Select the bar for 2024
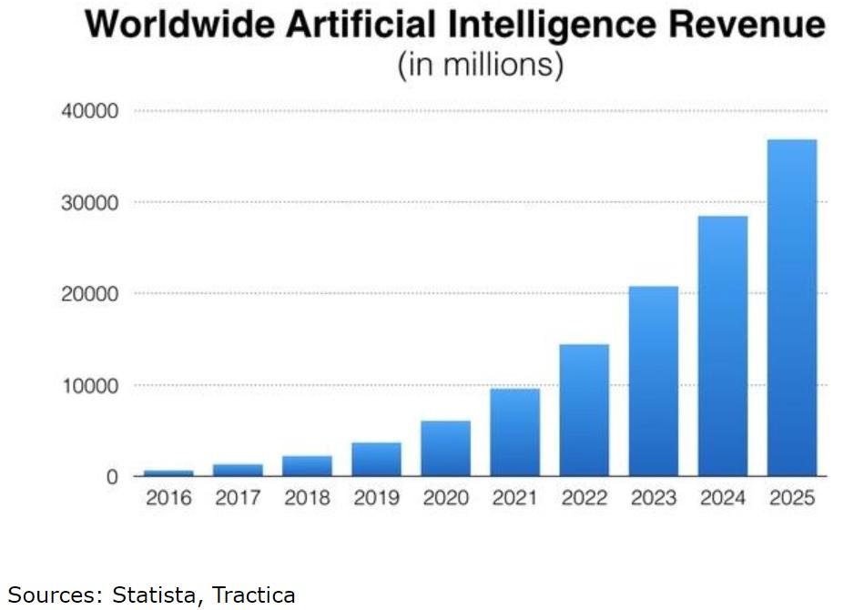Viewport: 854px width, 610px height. pos(722,346)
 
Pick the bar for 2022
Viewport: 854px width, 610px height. pos(584,410)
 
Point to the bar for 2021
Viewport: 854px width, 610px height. pos(514,432)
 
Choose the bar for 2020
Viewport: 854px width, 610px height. pos(445,448)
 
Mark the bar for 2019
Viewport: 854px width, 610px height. pos(376,459)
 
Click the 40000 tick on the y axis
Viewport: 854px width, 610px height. pos(88,112)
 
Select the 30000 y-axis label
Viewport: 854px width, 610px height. pos(88,203)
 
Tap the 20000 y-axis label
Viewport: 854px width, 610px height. pos(88,294)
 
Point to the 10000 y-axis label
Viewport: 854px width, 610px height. pos(88,385)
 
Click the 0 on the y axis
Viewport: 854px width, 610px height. pos(112,476)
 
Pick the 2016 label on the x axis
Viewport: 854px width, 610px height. pos(168,499)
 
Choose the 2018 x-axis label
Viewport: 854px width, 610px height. pos(307,499)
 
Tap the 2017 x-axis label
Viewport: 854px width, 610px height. pos(238,499)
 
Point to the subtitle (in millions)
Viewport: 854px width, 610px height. pos(480,66)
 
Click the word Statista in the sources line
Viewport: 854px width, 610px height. pos(159,595)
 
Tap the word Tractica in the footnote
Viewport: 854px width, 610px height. pos(254,595)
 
